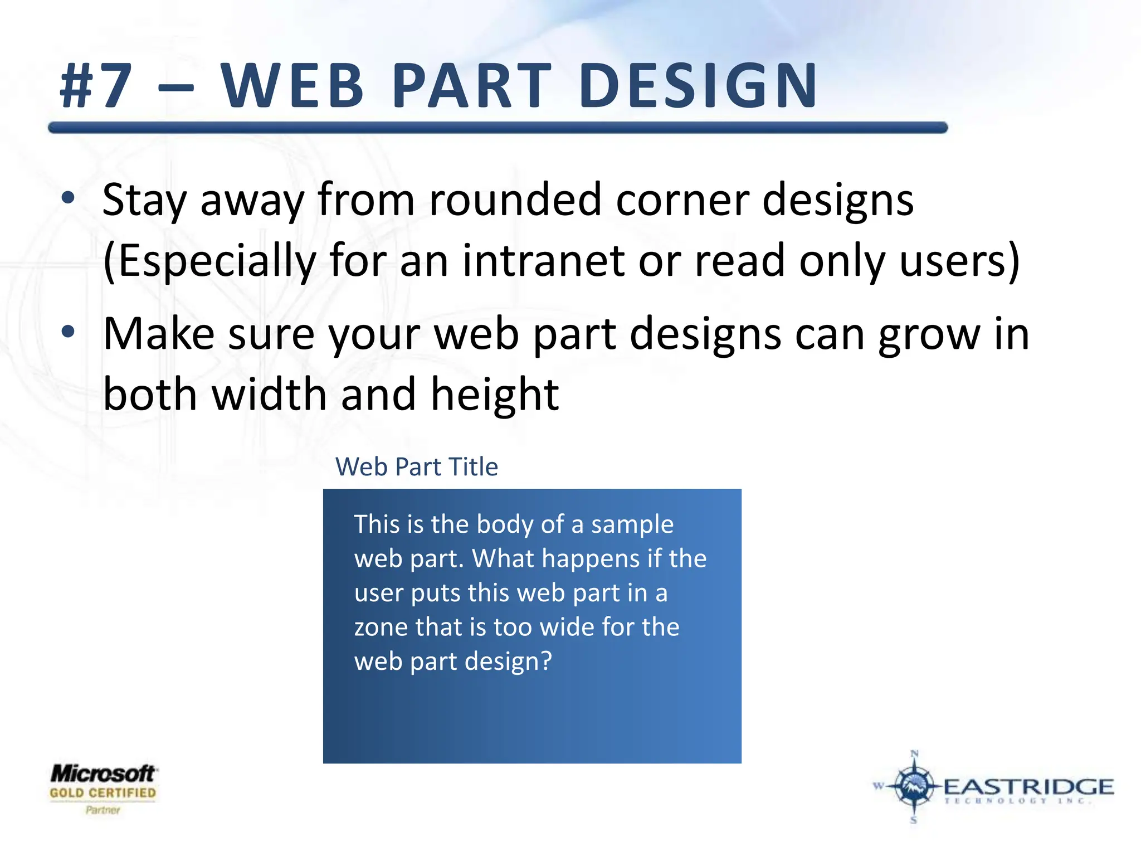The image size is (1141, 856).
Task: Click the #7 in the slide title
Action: tap(96, 86)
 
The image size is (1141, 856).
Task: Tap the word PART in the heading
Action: tap(471, 86)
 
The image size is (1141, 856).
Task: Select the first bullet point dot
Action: tap(68, 198)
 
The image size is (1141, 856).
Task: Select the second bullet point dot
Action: tap(68, 332)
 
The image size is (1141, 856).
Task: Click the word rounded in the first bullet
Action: tap(515, 200)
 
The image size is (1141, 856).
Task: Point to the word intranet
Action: tap(543, 260)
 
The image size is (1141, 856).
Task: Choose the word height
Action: tap(495, 395)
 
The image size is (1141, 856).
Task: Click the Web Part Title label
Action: tap(416, 466)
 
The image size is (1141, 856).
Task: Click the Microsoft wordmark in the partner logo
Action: tap(103, 774)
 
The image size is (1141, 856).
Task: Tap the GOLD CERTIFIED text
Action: tap(103, 792)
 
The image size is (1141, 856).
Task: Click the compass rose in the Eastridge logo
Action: tap(914, 786)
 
